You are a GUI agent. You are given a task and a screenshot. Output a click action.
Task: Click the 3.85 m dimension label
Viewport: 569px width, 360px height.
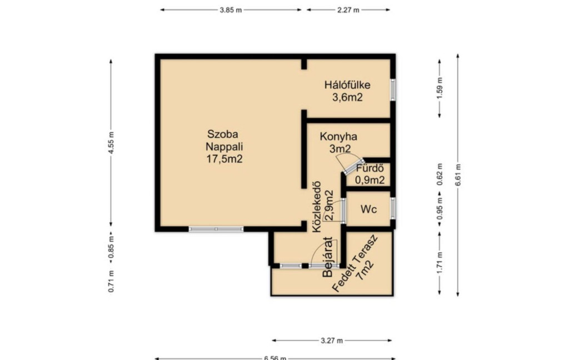[231, 10]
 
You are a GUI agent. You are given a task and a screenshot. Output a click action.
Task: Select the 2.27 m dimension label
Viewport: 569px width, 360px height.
[348, 10]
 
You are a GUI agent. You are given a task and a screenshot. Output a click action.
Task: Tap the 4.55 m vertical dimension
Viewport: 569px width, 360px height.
[111, 143]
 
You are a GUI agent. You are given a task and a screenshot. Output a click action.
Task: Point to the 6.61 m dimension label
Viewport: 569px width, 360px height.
[458, 175]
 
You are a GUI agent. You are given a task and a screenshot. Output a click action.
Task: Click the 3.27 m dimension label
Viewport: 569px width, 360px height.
[332, 341]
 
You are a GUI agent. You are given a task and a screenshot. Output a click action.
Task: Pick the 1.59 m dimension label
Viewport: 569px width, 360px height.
[440, 88]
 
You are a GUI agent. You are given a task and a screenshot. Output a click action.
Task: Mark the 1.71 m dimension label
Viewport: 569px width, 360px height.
[440, 262]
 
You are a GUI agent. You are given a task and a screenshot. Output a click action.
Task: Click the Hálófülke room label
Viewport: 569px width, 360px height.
[347, 85]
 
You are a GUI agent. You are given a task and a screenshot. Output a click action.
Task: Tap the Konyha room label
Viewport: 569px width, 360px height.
[338, 137]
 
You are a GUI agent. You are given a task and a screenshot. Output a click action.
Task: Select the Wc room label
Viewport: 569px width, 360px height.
[368, 209]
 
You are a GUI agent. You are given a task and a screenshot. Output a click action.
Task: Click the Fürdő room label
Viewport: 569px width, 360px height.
[370, 168]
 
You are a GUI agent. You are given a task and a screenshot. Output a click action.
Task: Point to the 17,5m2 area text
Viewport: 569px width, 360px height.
[224, 159]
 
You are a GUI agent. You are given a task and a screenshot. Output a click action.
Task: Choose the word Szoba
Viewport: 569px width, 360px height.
[222, 134]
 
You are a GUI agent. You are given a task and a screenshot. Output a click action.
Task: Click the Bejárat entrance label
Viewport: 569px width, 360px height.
[328, 257]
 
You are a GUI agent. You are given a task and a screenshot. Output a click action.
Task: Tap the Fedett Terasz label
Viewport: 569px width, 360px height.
[355, 263]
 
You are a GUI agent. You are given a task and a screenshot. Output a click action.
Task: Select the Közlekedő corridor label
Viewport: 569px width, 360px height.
[317, 207]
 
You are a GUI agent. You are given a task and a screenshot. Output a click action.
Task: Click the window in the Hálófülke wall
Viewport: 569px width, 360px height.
[393, 89]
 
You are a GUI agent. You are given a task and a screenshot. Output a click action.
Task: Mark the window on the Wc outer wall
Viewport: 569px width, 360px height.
[393, 208]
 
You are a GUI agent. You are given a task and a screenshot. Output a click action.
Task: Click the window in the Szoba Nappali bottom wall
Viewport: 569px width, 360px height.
[216, 229]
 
